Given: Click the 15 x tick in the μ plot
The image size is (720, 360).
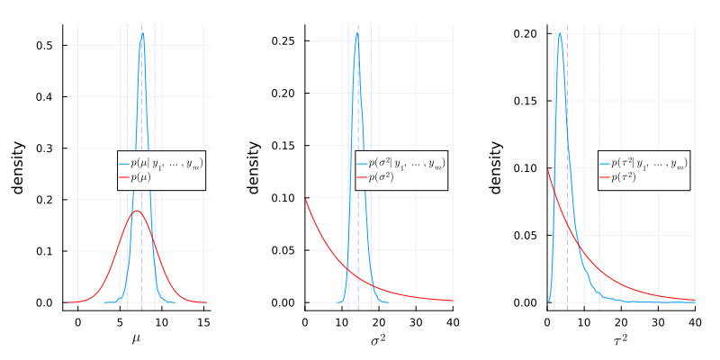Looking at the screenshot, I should click(203, 320).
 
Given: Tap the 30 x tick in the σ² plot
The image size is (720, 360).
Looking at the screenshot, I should click(416, 320).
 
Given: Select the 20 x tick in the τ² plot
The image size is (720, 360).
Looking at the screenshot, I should click(621, 320).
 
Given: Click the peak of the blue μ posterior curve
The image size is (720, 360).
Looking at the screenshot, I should click(142, 33).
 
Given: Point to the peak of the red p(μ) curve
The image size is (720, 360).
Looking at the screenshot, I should click(136, 211).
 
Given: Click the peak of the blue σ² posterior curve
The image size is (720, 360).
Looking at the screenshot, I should click(357, 33).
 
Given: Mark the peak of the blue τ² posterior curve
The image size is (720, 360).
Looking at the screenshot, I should click(560, 34).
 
